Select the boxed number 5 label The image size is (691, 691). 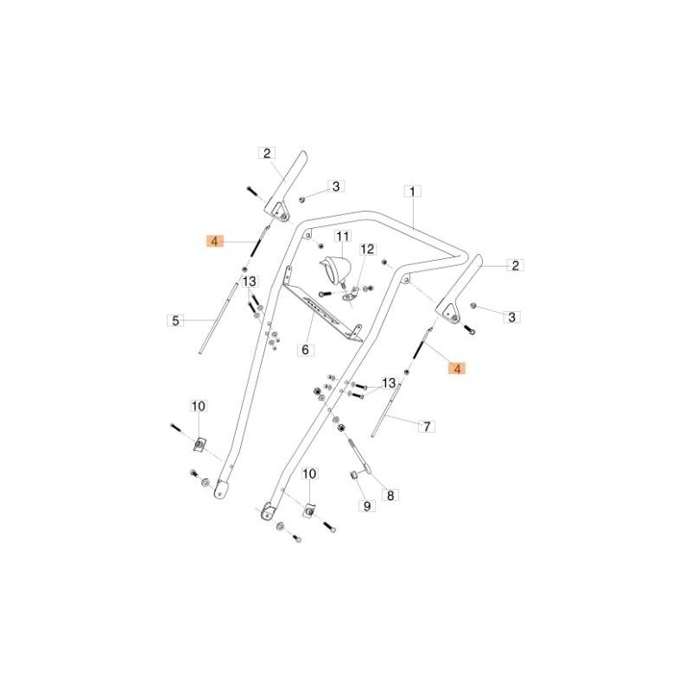pyautogui.click(x=175, y=320)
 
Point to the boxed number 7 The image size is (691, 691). pyautogui.click(x=426, y=426)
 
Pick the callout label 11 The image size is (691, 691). pyautogui.click(x=341, y=237)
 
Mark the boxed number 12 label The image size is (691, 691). pyautogui.click(x=367, y=250)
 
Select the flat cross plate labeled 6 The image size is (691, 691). pyautogui.click(x=328, y=311)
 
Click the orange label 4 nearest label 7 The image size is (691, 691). pyautogui.click(x=457, y=368)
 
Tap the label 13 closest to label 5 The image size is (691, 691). pyautogui.click(x=249, y=282)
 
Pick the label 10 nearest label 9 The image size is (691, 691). pyautogui.click(x=310, y=474)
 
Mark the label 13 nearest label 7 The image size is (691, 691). pyautogui.click(x=389, y=383)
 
